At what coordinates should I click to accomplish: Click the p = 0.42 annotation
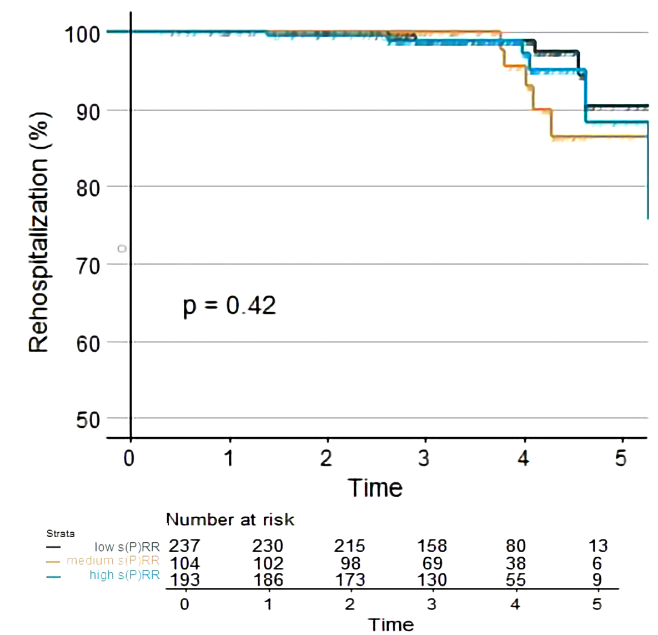point(229,306)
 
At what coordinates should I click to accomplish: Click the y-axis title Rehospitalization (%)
point(39,232)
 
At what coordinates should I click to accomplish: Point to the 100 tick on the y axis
point(82,34)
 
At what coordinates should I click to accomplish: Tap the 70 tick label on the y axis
point(88,266)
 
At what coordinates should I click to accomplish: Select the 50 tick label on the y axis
point(88,420)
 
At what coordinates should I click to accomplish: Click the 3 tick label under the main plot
point(424,459)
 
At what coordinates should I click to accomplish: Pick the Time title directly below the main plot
point(375,488)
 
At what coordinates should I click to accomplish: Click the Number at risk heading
point(230,519)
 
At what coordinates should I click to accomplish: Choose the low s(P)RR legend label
point(127,547)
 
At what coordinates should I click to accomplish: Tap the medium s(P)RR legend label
point(113,561)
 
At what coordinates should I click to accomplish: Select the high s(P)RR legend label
point(124,575)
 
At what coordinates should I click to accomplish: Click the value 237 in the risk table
point(184,546)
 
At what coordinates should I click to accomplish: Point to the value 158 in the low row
point(432,546)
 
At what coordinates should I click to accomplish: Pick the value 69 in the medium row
point(432,563)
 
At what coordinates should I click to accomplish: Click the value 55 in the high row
point(515,580)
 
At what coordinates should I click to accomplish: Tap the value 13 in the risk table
point(598,546)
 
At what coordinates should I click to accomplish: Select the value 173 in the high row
point(350,580)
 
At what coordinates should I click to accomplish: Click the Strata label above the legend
point(61,533)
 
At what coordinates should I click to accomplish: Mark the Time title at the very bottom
point(391,624)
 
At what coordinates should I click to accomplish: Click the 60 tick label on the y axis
point(88,343)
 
